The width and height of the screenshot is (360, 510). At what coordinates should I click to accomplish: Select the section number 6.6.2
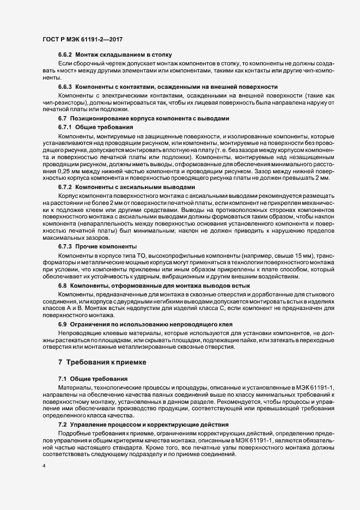pyautogui.click(x=65, y=56)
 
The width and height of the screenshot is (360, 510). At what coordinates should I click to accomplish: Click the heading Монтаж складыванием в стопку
pyautogui.click(x=124, y=56)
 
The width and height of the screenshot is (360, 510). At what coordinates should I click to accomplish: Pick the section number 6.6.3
pyautogui.click(x=65, y=87)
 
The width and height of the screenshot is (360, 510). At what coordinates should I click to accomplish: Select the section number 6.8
pyautogui.click(x=62, y=286)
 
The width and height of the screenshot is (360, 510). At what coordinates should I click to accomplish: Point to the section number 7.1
pyautogui.click(x=62, y=378)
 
